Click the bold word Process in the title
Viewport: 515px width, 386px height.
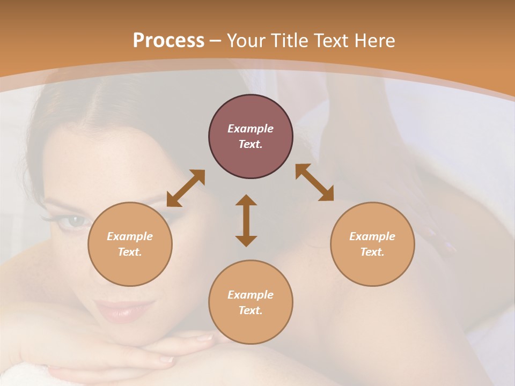click(x=168, y=41)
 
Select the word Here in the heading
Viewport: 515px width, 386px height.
click(x=375, y=41)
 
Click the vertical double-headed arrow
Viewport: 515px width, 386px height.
click(x=246, y=220)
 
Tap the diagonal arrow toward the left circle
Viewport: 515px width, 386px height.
click(x=186, y=188)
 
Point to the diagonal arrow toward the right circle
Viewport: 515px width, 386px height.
click(x=314, y=182)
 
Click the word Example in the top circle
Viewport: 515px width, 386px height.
click(x=251, y=129)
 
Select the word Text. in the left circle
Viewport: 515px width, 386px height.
click(x=130, y=252)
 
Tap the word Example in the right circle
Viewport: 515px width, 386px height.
click(x=372, y=236)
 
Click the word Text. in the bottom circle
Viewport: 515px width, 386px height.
click(x=251, y=310)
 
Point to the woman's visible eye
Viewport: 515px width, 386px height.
click(x=72, y=220)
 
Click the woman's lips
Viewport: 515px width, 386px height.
click(x=119, y=310)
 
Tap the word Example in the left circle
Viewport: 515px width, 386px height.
click(x=130, y=236)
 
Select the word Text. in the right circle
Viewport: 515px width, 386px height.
click(x=372, y=252)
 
